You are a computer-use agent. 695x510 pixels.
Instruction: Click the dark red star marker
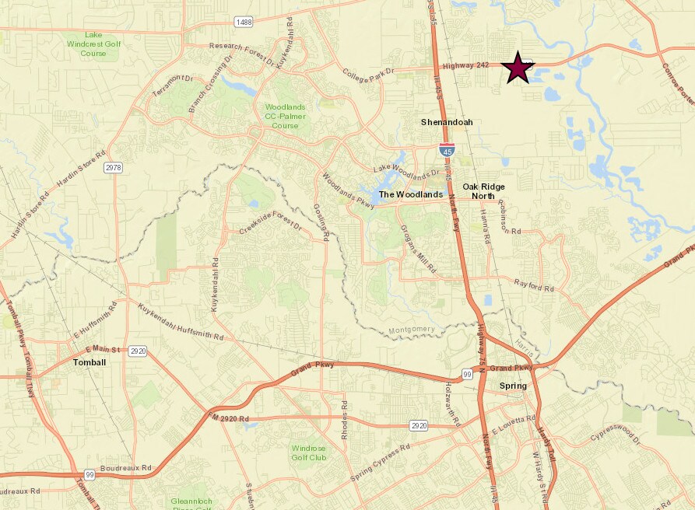(x=518, y=68)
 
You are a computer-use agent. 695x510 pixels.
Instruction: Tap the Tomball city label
(x=89, y=362)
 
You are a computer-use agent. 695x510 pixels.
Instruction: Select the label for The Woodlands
(x=411, y=194)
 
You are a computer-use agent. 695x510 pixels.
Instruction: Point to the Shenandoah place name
(x=447, y=122)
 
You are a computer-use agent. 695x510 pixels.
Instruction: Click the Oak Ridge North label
(x=483, y=191)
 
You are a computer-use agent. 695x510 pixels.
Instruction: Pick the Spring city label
(x=513, y=386)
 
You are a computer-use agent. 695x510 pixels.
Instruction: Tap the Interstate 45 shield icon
(x=447, y=149)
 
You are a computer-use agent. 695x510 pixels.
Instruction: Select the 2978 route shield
(x=114, y=167)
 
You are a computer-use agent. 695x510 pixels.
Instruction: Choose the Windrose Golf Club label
(x=310, y=452)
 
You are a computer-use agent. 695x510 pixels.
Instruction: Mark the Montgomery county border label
(x=412, y=330)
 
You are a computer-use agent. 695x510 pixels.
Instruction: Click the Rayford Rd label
(x=534, y=287)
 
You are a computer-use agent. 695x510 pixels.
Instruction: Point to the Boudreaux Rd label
(x=125, y=469)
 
